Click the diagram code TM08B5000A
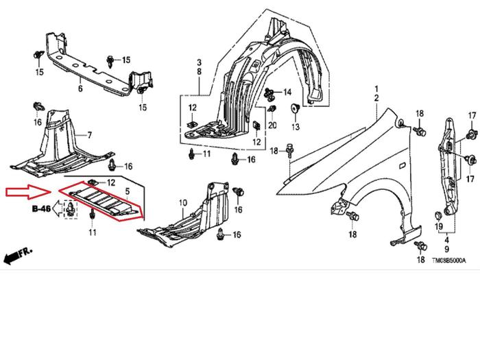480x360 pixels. tap(448, 261)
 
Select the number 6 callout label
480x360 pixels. tap(80, 88)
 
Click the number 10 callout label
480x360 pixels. tap(182, 203)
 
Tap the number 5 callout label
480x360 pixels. tap(127, 193)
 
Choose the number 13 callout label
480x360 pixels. tap(296, 128)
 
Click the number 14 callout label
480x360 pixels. tap(287, 92)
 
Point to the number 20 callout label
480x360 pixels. tap(272, 125)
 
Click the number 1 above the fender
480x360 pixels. tap(376, 90)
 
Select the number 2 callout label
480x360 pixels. tap(376, 99)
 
